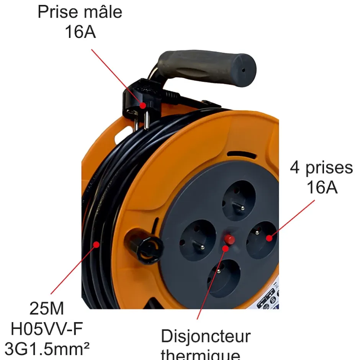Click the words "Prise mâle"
[x=80, y=12]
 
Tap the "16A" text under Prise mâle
[x=80, y=32]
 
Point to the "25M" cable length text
[x=47, y=308]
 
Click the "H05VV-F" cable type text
[x=47, y=329]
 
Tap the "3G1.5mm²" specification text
[x=47, y=349]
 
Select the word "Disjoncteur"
[x=206, y=336]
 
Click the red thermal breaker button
[x=229, y=240]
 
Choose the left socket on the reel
[x=198, y=237]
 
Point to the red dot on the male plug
[x=142, y=105]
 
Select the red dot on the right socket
[x=270, y=238]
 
